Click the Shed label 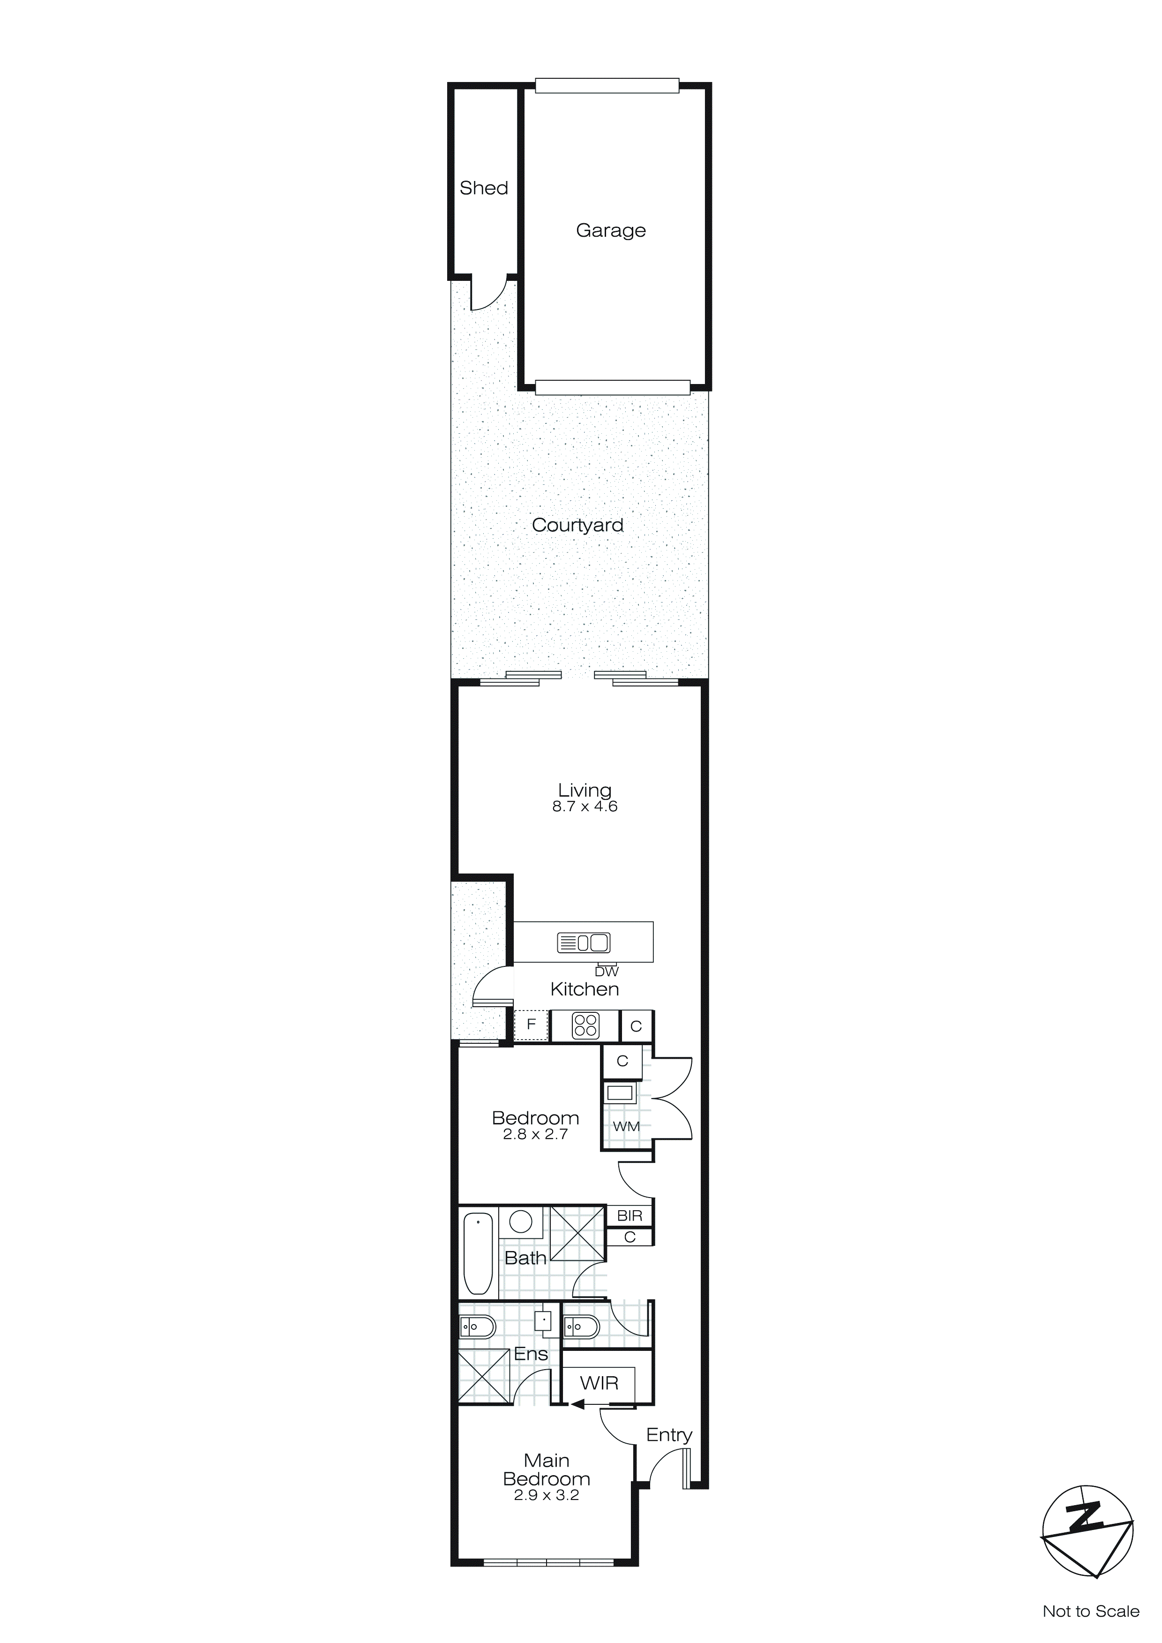(x=484, y=188)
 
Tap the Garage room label (x=610, y=230)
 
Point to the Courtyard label (x=577, y=525)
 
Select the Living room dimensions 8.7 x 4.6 (x=585, y=806)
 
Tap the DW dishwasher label (x=606, y=971)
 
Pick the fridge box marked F (x=531, y=1024)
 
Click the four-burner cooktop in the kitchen (x=585, y=1026)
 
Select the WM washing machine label (x=626, y=1126)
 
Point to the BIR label (x=630, y=1216)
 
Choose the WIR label (x=599, y=1383)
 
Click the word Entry (x=669, y=1435)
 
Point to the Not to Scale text (x=1090, y=1611)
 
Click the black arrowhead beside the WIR (x=577, y=1405)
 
